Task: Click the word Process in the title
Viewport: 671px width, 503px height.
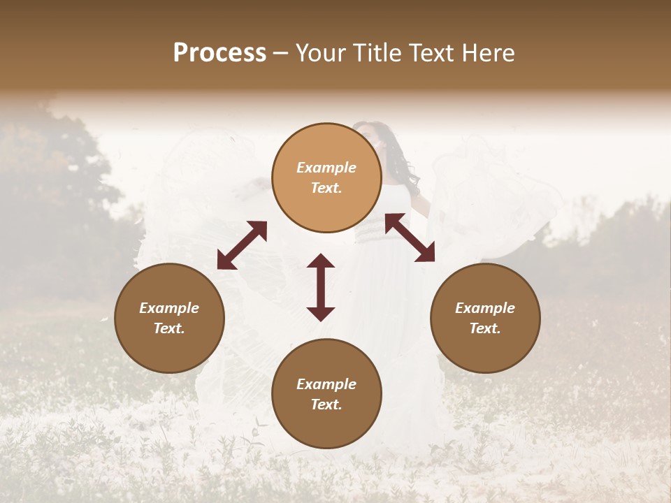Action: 219,53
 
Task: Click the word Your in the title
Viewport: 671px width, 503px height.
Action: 319,53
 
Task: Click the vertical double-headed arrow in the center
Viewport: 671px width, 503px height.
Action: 321,287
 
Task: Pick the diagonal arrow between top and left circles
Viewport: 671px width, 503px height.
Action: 242,245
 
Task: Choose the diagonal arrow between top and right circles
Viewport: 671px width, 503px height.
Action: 410,238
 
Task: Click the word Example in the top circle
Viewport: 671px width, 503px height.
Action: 326,168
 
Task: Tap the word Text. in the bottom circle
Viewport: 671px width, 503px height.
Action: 326,404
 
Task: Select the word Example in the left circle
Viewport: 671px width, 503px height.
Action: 169,308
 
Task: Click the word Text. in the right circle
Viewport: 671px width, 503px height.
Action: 485,328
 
